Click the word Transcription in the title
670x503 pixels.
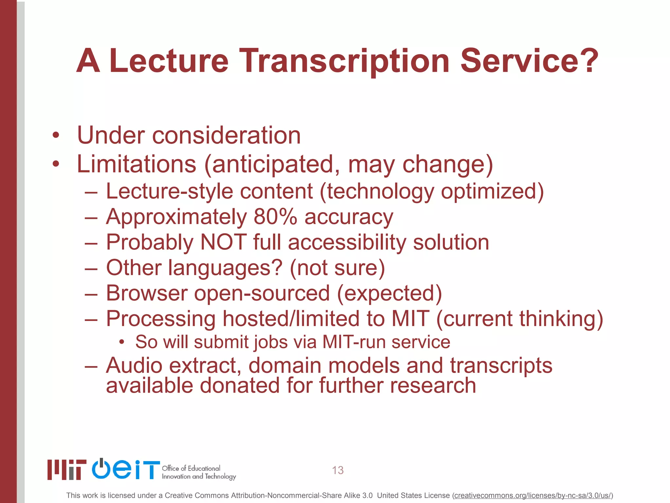click(345, 61)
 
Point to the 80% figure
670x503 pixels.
click(275, 217)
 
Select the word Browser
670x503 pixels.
click(147, 293)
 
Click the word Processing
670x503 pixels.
click(161, 319)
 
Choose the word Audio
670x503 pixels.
click(134, 365)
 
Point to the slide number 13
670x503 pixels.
click(338, 470)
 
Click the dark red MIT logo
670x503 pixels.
click(67, 470)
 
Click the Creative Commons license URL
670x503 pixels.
click(532, 495)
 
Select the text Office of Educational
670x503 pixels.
click(191, 468)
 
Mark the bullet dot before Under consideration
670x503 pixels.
click(56, 135)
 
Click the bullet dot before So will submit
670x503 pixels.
click(122, 342)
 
